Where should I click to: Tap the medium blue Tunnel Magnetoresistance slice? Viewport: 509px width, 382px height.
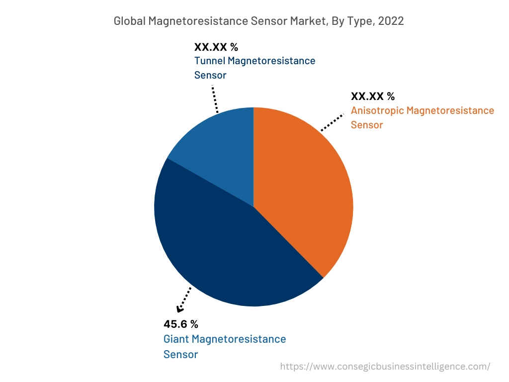219,149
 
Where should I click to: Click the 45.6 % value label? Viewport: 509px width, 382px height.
181,324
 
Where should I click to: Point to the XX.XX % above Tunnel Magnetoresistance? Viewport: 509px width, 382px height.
216,47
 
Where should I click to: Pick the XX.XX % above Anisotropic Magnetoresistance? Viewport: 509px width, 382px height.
373,96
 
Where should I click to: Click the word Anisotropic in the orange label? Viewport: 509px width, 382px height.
377,110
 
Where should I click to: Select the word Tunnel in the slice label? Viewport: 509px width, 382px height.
208,61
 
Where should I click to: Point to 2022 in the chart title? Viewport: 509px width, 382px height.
390,21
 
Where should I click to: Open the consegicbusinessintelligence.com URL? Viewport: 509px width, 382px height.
385,367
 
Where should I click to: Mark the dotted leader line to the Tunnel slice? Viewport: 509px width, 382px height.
215,98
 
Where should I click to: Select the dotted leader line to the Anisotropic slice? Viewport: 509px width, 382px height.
332,122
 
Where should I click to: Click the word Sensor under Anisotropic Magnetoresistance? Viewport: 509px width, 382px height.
367,125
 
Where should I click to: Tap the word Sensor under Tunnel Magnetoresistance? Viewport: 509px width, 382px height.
210,75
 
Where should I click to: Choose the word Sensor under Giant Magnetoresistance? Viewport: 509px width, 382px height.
180,354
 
